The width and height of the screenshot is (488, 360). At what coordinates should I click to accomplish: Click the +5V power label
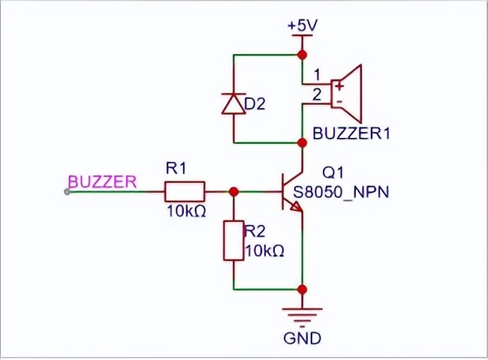point(303,25)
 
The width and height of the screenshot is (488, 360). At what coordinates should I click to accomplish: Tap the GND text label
point(303,338)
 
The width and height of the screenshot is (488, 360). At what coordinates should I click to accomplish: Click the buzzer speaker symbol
point(347,93)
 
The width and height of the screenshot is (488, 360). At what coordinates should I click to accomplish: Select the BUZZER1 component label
point(351,134)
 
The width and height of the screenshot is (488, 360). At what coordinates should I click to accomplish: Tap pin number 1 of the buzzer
point(316,74)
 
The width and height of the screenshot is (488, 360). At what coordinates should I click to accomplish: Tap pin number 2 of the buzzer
point(316,94)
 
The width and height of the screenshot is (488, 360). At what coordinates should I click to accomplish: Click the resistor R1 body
point(184,191)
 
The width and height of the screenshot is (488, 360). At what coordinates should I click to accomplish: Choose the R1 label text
point(175,169)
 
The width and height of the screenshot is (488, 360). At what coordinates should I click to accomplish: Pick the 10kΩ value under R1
point(185,212)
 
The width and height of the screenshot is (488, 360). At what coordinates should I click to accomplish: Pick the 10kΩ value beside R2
point(264,250)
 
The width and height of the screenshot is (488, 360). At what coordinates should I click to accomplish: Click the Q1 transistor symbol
point(290,192)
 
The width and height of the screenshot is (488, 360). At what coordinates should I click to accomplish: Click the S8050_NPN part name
point(342,192)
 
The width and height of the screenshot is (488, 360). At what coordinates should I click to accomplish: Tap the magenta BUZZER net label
point(102,181)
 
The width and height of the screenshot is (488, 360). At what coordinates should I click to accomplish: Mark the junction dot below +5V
point(303,55)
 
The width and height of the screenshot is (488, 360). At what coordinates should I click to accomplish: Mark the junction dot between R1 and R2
point(233,191)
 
